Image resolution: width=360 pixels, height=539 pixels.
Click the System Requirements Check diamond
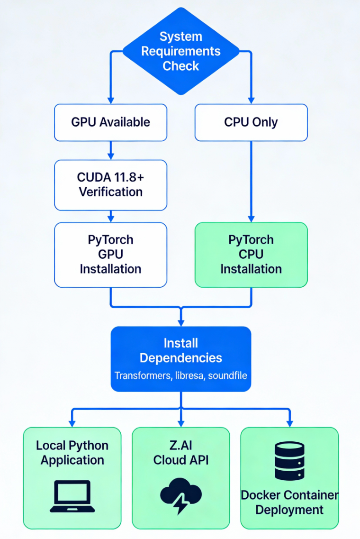coord(180,51)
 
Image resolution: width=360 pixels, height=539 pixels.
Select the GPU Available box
coord(110,122)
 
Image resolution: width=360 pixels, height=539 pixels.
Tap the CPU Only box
coord(251,122)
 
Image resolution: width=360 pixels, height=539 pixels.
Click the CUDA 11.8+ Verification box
coord(110,185)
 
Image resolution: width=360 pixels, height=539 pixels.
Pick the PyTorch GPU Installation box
coord(110,255)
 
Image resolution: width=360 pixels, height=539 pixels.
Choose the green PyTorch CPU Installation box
coord(251,255)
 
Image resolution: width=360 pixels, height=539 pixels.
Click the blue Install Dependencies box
coord(180,358)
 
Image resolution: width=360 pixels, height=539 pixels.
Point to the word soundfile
coord(225,375)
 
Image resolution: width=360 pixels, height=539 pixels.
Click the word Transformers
coord(138,375)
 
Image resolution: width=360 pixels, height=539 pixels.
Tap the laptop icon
coord(72,496)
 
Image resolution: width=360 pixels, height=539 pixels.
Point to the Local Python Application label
coord(72,453)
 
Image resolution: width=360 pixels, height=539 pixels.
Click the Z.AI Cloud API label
coord(181,453)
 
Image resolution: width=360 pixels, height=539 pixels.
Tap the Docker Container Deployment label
coord(289,502)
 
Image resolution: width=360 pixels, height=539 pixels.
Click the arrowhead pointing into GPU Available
coord(110,100)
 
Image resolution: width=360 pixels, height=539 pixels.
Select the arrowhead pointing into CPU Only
coord(251,100)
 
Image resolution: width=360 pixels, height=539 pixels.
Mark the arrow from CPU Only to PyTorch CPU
coord(251,180)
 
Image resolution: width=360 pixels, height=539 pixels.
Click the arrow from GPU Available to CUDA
coord(110,150)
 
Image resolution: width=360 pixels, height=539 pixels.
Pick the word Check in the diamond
coord(180,65)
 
